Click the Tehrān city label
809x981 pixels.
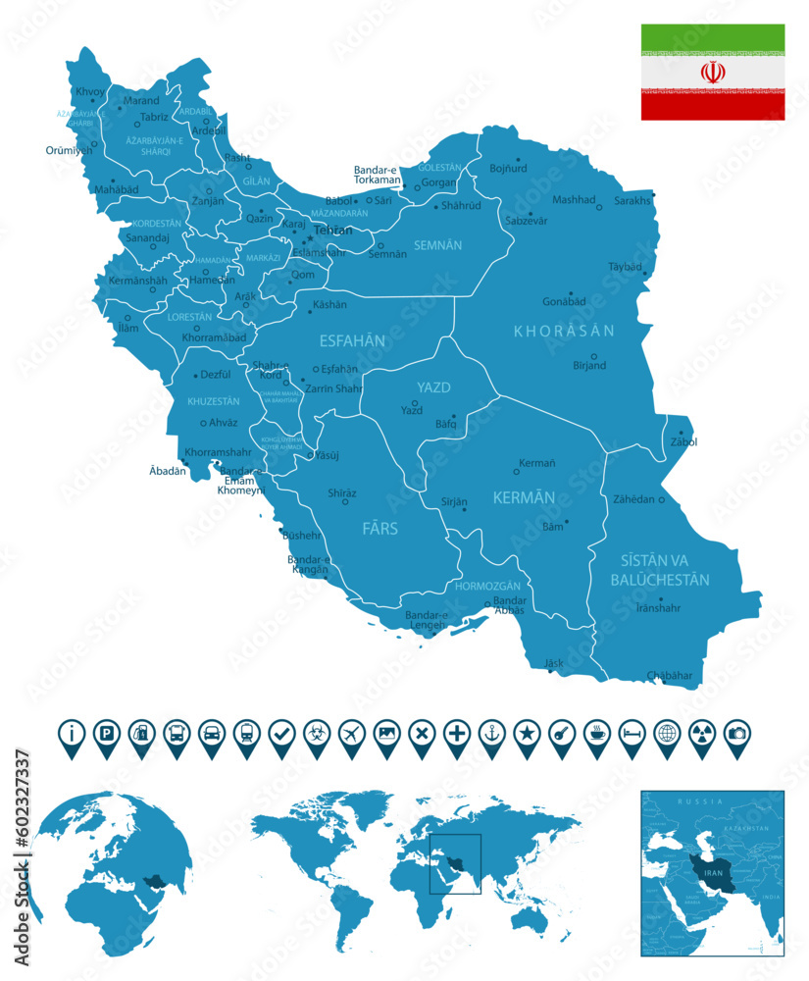click(x=332, y=231)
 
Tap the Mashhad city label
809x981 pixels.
click(x=574, y=200)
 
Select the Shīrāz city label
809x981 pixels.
click(x=342, y=492)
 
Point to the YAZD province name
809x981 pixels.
click(x=432, y=387)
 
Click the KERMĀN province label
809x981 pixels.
click(x=524, y=497)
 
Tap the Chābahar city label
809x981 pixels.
click(x=670, y=675)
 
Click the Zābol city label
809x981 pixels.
click(x=684, y=441)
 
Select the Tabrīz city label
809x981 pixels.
click(x=154, y=117)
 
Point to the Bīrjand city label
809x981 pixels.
click(x=590, y=366)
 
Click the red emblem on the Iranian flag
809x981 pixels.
click(x=713, y=73)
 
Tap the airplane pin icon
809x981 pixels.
click(x=351, y=732)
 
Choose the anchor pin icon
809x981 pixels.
click(x=492, y=732)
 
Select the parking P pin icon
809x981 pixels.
click(x=106, y=732)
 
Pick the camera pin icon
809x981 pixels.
click(x=735, y=732)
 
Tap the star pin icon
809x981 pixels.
click(x=528, y=732)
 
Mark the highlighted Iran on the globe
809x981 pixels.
click(x=153, y=881)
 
